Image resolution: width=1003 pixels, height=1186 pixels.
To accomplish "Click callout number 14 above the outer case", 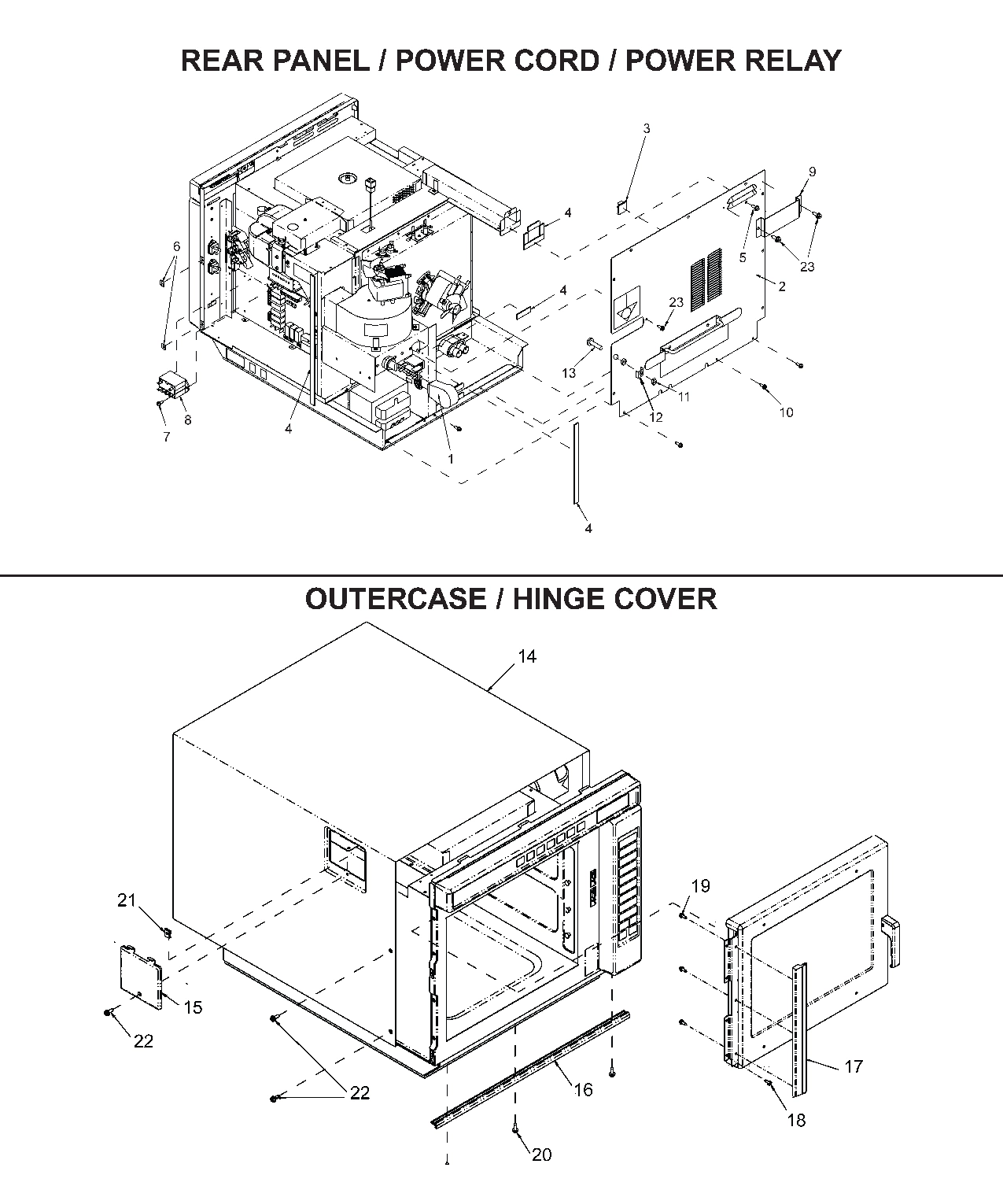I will [x=526, y=656].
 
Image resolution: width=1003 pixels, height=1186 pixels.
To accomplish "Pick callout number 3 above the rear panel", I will [x=647, y=128].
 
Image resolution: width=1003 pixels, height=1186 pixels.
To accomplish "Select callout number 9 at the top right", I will [x=812, y=172].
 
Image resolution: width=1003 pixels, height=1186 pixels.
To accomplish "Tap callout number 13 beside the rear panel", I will [x=568, y=372].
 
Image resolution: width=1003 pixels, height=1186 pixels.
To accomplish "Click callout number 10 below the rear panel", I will [x=786, y=412].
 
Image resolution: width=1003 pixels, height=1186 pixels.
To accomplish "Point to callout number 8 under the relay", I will [x=187, y=420].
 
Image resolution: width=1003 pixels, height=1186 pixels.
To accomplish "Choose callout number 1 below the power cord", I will [x=451, y=458].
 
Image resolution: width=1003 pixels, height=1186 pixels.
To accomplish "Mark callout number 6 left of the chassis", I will [x=176, y=246].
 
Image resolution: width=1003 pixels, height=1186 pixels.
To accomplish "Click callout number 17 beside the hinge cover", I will [x=854, y=1066].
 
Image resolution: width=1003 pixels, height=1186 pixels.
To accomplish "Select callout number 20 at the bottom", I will [x=542, y=1155].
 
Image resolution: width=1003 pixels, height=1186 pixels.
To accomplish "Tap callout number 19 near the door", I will [x=700, y=886].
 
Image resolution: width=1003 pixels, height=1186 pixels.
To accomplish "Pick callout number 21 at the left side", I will [x=127, y=900].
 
